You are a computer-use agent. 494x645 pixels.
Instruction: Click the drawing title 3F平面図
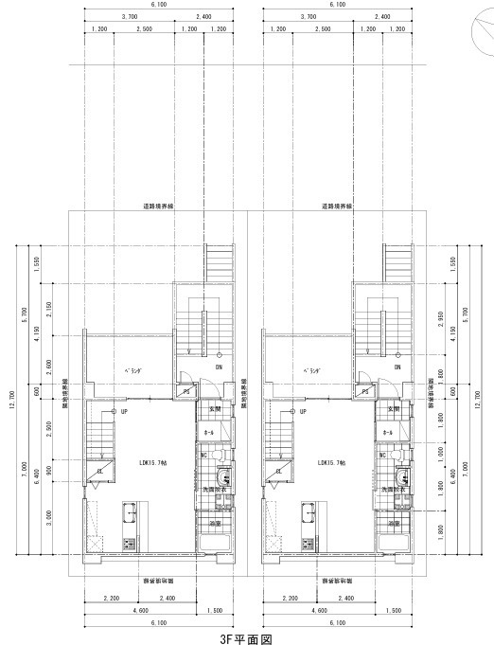click(246, 637)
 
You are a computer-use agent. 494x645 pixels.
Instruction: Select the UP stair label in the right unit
click(302, 412)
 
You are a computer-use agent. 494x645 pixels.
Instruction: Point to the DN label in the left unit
click(219, 367)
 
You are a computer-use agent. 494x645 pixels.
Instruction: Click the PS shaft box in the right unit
click(366, 391)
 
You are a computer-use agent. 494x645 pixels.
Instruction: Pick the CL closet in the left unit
click(100, 471)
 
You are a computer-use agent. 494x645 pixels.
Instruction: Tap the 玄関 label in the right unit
click(394, 409)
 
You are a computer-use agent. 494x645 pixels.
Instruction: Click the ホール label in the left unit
click(210, 432)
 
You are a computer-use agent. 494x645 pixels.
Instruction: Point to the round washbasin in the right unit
click(402, 476)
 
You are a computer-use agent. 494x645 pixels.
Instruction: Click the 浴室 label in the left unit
click(214, 523)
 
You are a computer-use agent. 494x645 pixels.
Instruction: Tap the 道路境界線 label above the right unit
click(336, 205)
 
